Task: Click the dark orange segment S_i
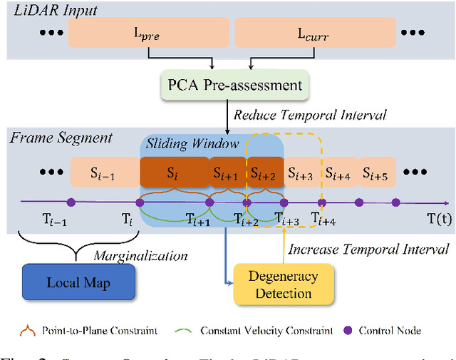click(x=172, y=173)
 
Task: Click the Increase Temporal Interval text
click(x=368, y=249)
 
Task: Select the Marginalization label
click(x=140, y=255)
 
